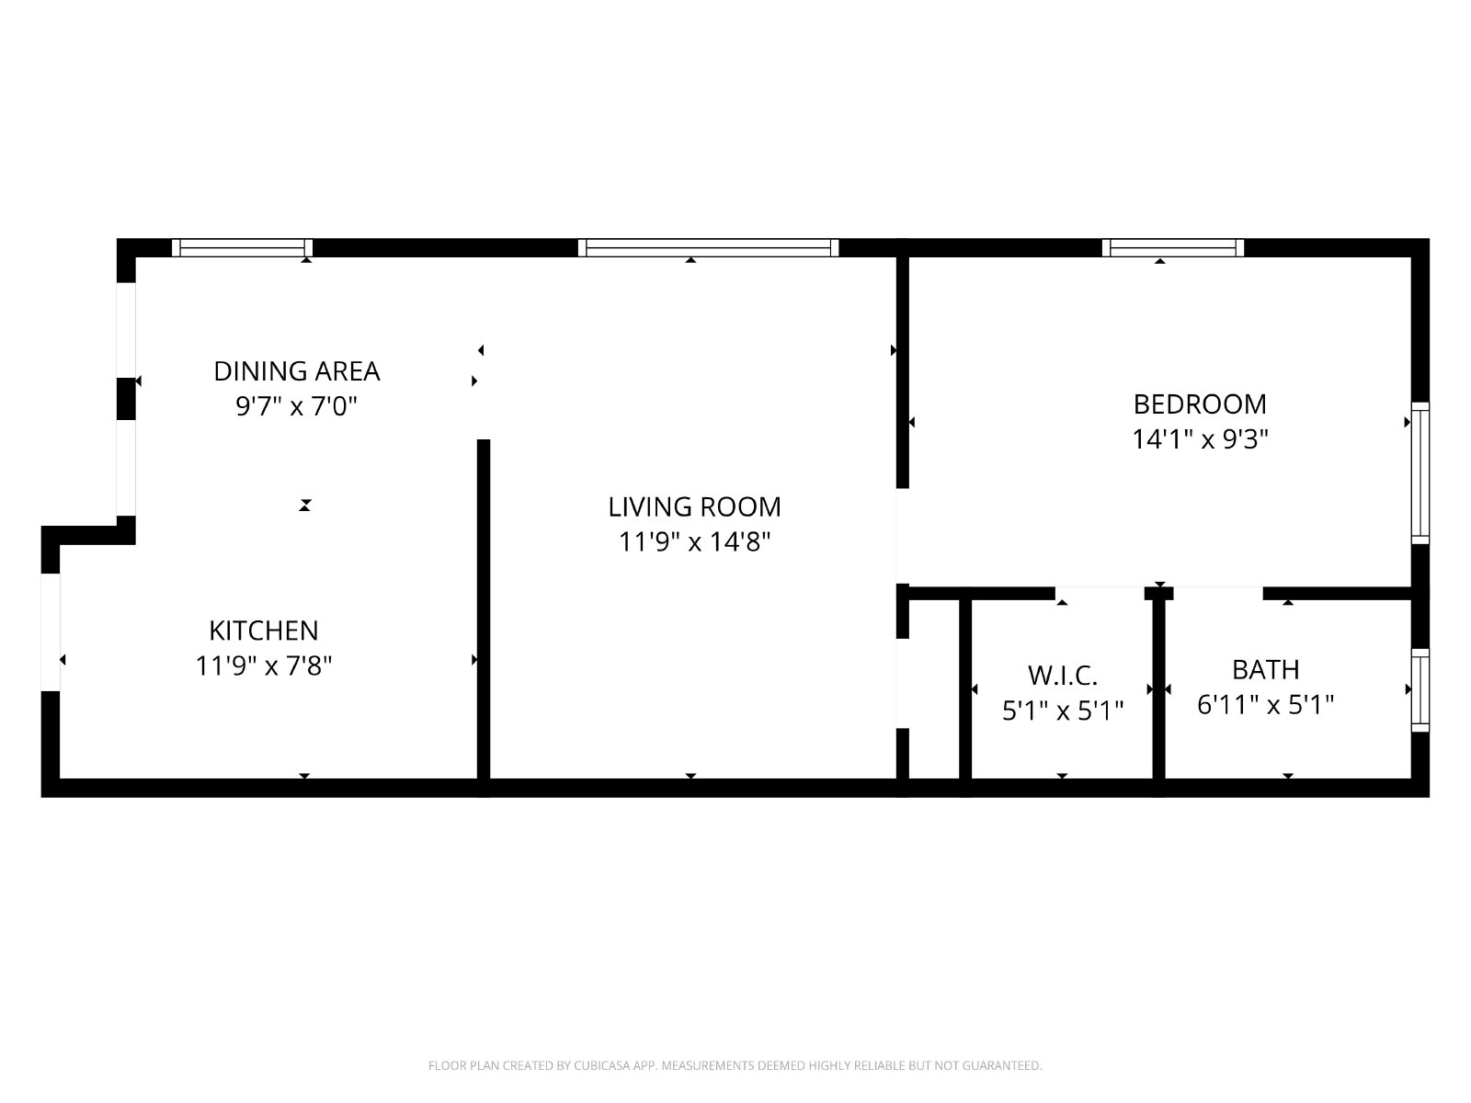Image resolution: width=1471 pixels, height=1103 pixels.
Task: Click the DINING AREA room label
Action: click(x=296, y=371)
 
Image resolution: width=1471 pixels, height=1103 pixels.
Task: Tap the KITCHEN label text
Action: click(x=263, y=631)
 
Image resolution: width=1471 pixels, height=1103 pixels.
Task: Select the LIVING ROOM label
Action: click(x=694, y=507)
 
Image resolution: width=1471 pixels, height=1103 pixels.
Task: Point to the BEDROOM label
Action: click(x=1200, y=404)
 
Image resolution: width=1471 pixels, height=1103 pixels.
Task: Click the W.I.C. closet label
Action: click(x=1063, y=676)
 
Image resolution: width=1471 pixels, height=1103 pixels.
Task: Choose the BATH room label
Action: click(x=1266, y=670)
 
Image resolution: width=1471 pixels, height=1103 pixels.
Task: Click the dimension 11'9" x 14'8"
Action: click(x=694, y=541)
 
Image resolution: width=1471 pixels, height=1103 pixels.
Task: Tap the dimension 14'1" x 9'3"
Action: click(x=1200, y=439)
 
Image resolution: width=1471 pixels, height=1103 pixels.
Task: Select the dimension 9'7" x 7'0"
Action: click(x=296, y=406)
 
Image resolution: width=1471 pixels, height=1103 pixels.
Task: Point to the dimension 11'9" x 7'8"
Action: click(x=263, y=665)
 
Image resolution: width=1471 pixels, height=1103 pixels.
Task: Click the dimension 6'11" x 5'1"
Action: click(x=1266, y=704)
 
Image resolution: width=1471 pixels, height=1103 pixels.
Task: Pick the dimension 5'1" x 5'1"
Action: click(x=1063, y=711)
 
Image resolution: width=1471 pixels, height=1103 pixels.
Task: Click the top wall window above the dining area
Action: click(x=243, y=248)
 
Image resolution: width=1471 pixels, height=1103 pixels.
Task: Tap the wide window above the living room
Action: click(x=708, y=248)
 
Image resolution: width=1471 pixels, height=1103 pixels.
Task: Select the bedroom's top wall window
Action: click(x=1173, y=248)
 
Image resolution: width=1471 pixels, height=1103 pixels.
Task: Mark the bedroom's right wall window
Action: click(x=1420, y=472)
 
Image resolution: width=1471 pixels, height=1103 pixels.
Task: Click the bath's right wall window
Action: click(x=1420, y=689)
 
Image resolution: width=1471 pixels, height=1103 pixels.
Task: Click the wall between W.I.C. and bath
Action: click(x=1158, y=688)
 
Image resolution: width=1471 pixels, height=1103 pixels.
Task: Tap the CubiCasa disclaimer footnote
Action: click(x=735, y=1065)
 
